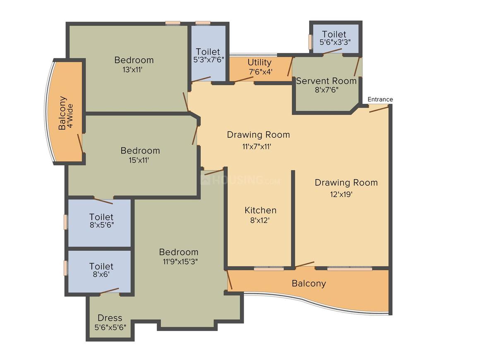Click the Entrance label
(x=380, y=99)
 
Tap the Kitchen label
(x=261, y=210)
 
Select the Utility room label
(x=259, y=62)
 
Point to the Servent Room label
(x=326, y=81)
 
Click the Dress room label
(x=110, y=318)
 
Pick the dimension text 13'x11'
(x=132, y=70)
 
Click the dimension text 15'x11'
(x=139, y=160)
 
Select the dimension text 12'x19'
(x=341, y=194)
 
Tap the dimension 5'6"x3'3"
(x=335, y=42)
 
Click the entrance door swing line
(x=379, y=109)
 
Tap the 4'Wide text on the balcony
(x=70, y=116)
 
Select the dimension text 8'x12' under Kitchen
(x=260, y=220)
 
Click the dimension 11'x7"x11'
(x=257, y=146)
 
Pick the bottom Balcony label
(x=309, y=283)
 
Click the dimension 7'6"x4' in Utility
(x=261, y=72)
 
